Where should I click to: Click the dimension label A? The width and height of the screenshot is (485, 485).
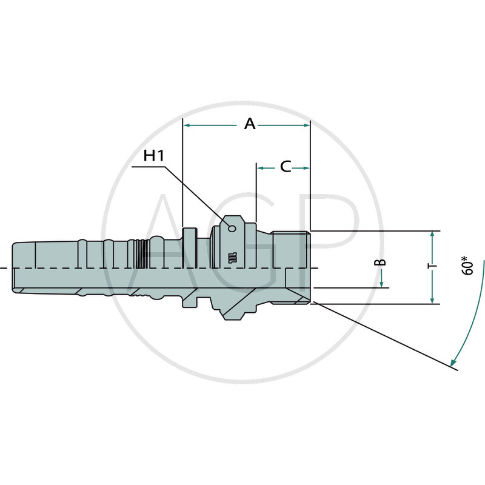250,124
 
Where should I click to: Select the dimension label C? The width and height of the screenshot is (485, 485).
286,167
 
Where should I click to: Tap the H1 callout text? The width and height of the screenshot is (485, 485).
155,156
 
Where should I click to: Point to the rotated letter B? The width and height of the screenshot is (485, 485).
380,263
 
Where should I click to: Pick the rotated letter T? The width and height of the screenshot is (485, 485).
432,267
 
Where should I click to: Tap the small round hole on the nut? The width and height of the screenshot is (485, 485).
232,228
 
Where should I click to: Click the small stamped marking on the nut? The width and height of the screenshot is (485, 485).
232,257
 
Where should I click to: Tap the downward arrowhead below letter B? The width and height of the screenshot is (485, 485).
381,284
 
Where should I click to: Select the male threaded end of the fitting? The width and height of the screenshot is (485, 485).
291,267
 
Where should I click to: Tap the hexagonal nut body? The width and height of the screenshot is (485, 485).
233,267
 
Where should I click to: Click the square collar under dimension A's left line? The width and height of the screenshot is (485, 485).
190,267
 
